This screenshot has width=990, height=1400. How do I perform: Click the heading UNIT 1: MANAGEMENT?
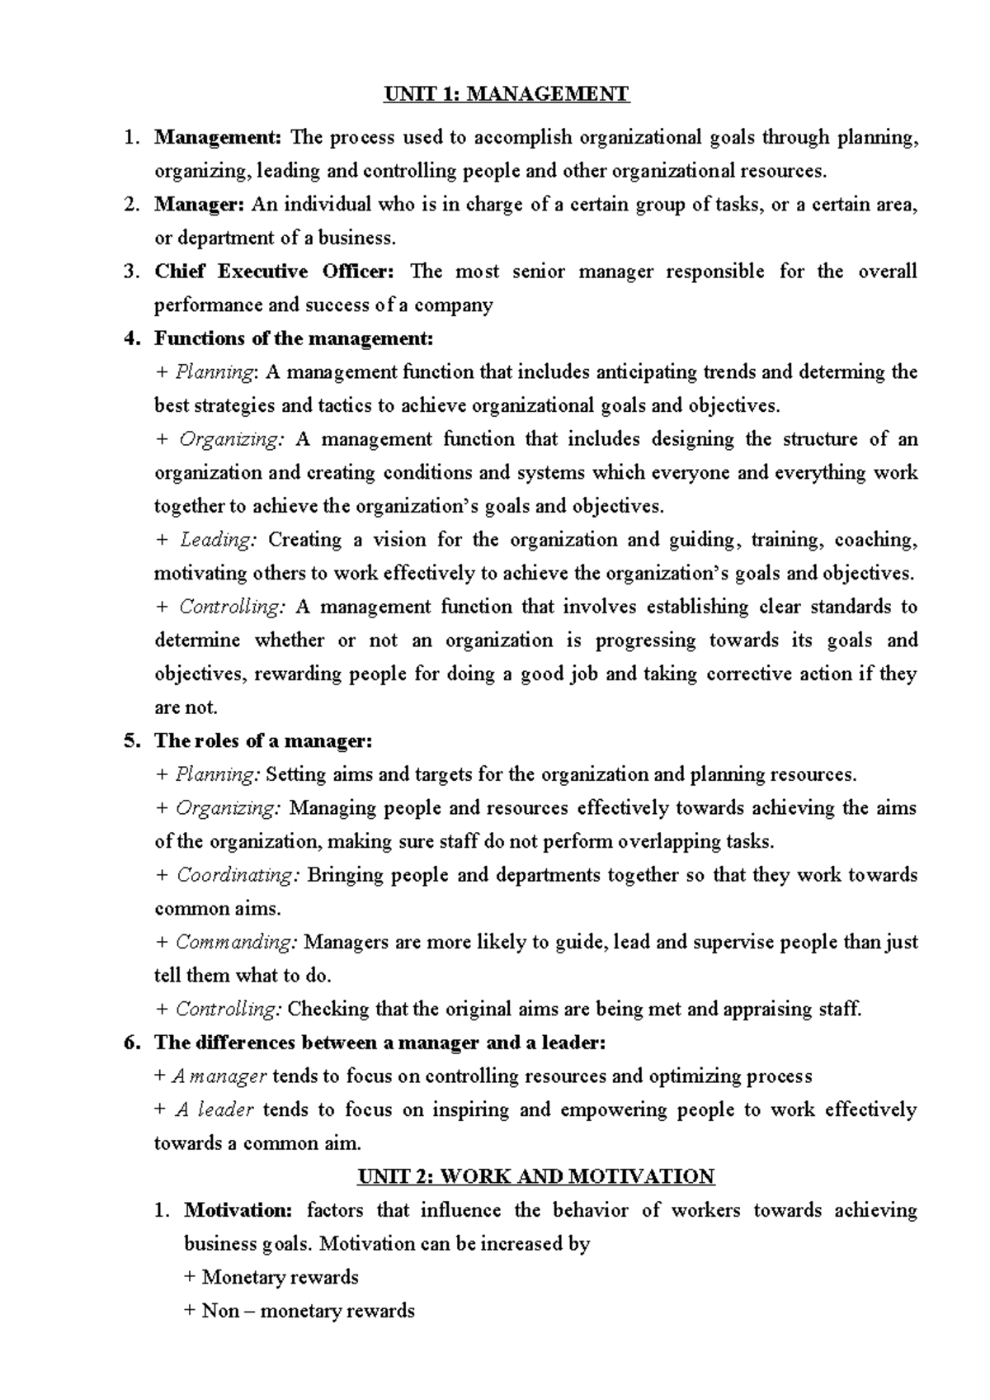(507, 94)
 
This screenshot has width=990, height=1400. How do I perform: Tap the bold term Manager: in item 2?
(199, 204)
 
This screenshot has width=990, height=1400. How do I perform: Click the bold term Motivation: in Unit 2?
(238, 1210)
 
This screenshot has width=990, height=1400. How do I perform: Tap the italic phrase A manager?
(219, 1076)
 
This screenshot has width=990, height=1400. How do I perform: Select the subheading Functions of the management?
(293, 338)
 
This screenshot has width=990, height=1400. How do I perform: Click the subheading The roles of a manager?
(263, 741)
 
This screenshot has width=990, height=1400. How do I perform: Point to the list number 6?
(131, 1043)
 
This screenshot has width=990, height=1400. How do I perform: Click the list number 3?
(131, 272)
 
